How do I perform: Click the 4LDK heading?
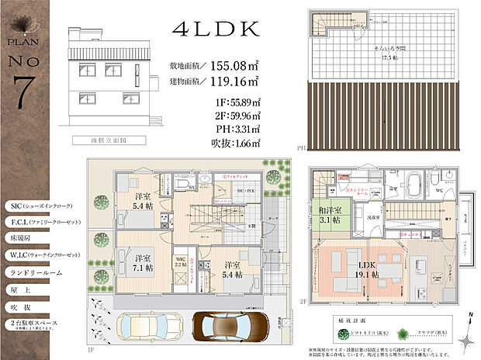(216, 29)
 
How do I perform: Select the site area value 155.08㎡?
(230, 66)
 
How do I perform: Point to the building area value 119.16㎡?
(230, 81)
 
